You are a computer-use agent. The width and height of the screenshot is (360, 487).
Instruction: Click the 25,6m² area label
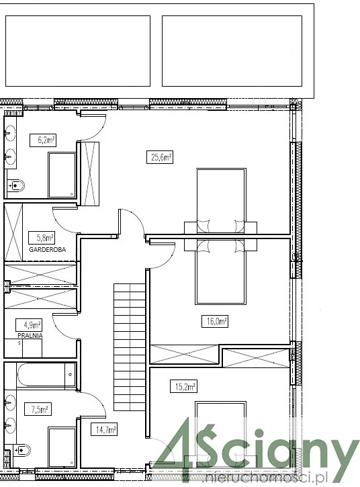[x=160, y=157]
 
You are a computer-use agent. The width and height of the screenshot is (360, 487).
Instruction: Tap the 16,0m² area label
[x=215, y=321]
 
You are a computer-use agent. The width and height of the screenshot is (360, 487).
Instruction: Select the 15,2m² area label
[x=183, y=387]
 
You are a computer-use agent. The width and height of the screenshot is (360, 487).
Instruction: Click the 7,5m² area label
[x=38, y=409]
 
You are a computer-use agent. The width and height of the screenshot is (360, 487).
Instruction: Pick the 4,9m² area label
[x=29, y=325]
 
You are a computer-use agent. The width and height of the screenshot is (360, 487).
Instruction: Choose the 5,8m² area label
[x=42, y=238]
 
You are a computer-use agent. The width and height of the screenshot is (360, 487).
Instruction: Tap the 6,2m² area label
[x=43, y=140]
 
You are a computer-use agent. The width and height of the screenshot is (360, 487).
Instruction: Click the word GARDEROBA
[x=47, y=249]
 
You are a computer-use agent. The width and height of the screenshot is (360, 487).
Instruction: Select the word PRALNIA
[x=30, y=335]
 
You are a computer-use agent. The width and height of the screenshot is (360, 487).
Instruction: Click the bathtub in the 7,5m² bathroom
[x=46, y=375]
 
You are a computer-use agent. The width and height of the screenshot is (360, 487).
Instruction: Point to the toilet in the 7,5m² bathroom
[x=21, y=449]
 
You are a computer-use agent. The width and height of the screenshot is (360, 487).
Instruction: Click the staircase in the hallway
[x=130, y=347]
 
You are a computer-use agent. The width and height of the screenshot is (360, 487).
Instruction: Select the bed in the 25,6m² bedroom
[x=221, y=200]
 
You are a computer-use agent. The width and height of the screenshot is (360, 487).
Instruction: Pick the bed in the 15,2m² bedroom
[x=221, y=435]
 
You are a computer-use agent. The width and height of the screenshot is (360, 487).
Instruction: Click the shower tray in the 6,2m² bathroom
[x=62, y=175]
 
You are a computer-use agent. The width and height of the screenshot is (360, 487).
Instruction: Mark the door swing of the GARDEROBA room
[x=64, y=220]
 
